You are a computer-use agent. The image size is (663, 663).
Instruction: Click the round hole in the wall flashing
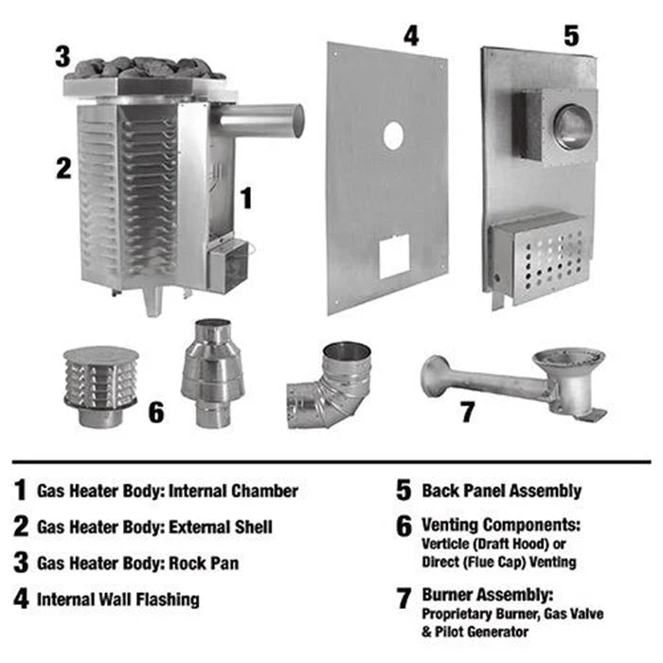[x=393, y=136]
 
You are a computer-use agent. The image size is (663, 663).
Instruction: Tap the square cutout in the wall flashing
[x=394, y=256]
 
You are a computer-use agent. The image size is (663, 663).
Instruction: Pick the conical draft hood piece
[x=212, y=373]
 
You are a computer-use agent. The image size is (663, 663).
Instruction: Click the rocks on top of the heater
[x=147, y=67]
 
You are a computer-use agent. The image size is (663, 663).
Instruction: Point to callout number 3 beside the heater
[x=63, y=56]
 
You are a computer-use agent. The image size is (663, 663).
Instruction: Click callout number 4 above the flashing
[x=410, y=36]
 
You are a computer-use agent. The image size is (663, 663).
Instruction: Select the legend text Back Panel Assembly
[x=502, y=491]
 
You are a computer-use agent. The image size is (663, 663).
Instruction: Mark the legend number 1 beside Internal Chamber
[x=20, y=491]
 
